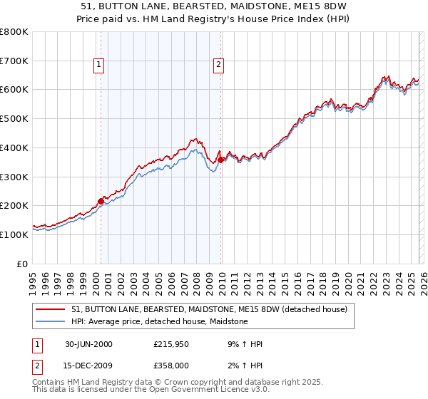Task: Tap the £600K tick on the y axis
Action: (14, 90)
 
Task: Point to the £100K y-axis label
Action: (14, 234)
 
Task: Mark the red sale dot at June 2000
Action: (101, 201)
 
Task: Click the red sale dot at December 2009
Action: (220, 160)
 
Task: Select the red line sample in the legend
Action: (51, 309)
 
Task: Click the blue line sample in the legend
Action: (51, 321)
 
